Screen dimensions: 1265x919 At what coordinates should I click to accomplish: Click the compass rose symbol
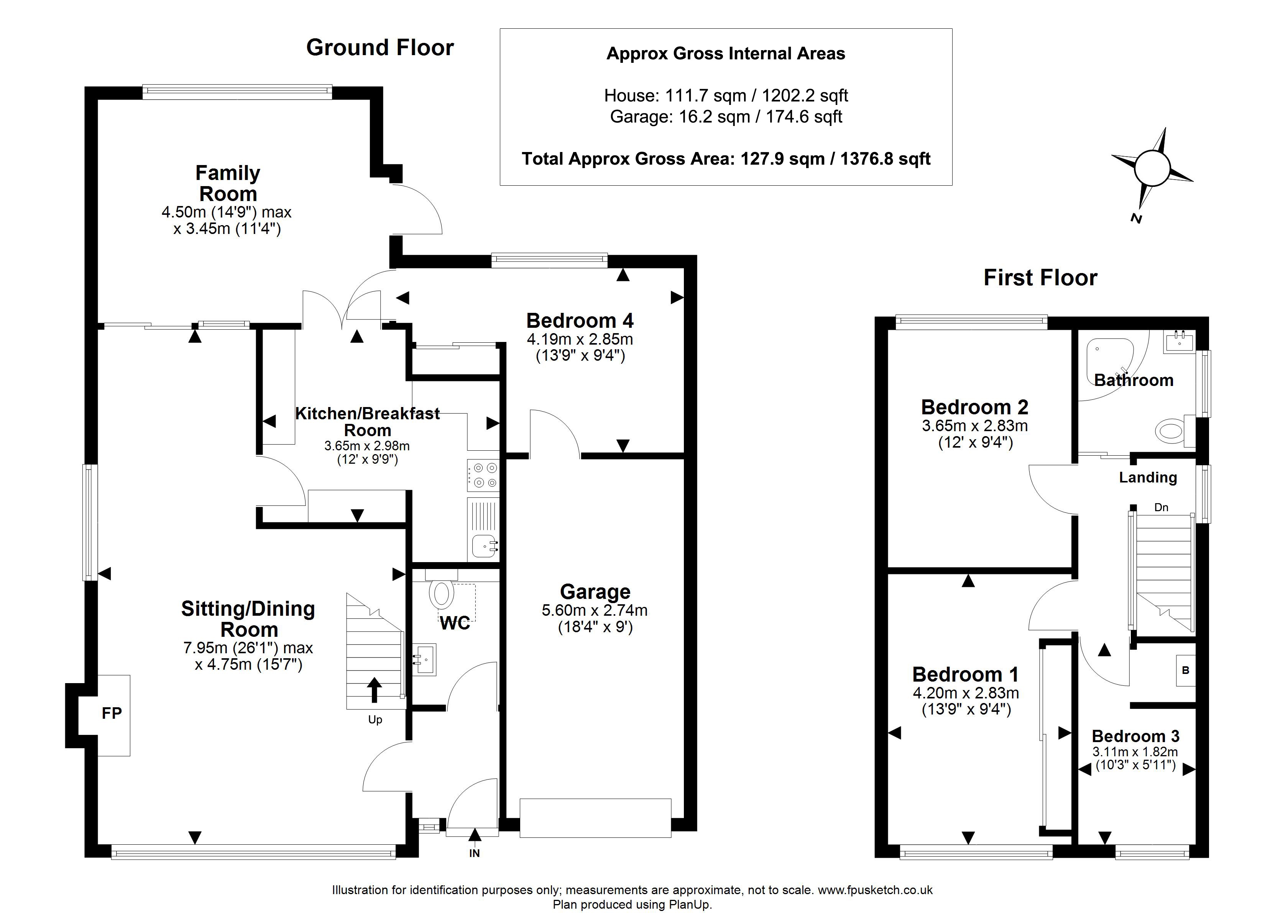pos(1152,168)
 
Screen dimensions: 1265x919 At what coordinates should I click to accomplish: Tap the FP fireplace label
pos(112,713)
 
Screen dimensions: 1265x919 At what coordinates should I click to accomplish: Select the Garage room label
pos(595,591)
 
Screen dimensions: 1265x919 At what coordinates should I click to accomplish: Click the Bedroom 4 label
pos(580,321)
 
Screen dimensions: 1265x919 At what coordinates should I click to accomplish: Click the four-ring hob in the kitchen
pos(483,475)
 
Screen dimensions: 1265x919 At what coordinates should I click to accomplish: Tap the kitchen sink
pos(485,545)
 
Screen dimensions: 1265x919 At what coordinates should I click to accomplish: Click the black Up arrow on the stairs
pos(374,689)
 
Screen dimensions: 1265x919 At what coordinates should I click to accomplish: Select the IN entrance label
pos(474,853)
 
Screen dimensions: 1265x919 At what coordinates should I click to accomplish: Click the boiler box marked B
pos(1186,670)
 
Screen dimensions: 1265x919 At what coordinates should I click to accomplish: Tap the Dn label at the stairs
pos(1161,507)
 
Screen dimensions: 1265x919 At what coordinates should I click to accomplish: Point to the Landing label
pos(1148,477)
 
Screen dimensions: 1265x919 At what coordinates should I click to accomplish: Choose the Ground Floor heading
pos(380,47)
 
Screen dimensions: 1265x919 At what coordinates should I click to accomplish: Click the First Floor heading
pos(1040,278)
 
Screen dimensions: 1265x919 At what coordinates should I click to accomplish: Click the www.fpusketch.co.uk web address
pos(875,890)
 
